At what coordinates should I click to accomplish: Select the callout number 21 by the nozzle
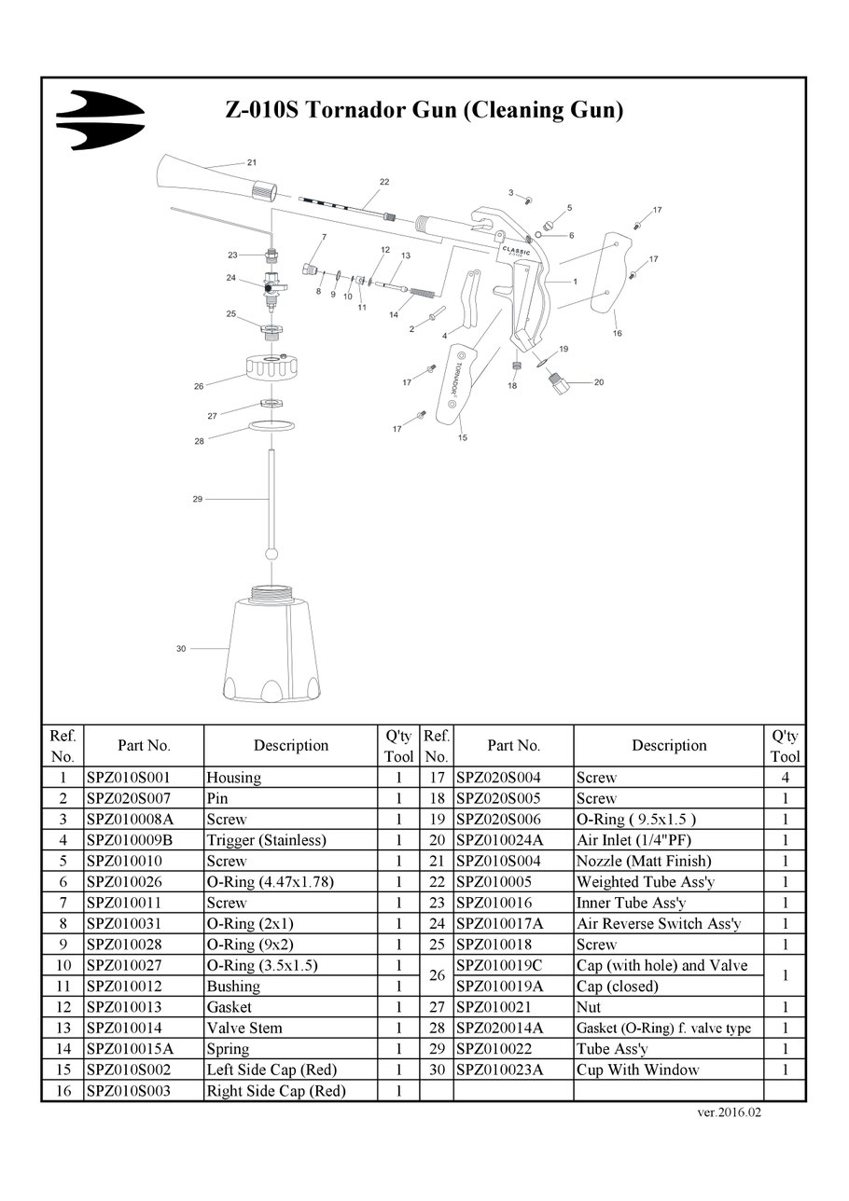tap(252, 162)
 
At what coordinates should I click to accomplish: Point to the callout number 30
tap(181, 649)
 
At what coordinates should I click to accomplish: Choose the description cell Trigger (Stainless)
tap(267, 840)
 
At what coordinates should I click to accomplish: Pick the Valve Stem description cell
tap(244, 1028)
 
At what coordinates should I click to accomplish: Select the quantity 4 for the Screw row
tap(786, 778)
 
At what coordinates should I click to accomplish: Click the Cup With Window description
tap(638, 1070)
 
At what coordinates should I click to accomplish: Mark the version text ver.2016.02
tap(730, 1112)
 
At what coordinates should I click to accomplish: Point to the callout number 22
tap(384, 182)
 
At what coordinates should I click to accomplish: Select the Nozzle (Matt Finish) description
tap(644, 861)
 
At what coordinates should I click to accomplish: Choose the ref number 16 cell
tap(63, 1090)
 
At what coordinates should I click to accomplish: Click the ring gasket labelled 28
tap(271, 427)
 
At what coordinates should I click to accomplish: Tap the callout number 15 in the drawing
tap(463, 437)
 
